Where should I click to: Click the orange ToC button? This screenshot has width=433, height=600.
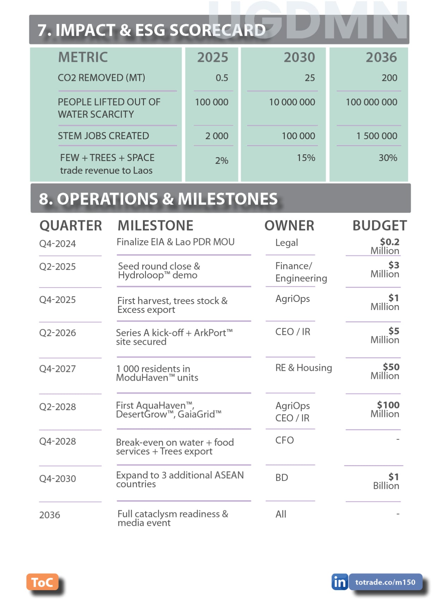[42, 582]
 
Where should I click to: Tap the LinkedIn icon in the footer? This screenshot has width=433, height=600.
[339, 582]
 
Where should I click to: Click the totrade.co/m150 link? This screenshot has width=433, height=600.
[385, 582]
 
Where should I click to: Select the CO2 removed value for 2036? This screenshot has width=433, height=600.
[389, 78]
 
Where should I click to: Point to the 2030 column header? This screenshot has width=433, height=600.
[299, 57]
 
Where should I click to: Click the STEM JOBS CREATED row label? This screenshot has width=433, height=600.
[103, 136]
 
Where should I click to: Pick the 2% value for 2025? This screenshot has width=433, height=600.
[222, 161]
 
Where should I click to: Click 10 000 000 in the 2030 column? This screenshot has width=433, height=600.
[292, 102]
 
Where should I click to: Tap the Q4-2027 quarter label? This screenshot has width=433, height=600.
[57, 369]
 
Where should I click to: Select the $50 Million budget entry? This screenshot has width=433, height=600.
[386, 371]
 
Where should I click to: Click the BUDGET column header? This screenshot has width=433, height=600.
[379, 226]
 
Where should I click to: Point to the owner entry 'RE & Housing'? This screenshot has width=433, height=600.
[303, 368]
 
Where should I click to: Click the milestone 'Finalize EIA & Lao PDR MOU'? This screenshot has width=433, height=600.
[175, 242]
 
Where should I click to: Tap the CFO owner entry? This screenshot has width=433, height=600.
[284, 440]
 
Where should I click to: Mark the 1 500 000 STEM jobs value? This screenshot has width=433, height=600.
[377, 136]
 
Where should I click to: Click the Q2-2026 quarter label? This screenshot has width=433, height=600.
[57, 333]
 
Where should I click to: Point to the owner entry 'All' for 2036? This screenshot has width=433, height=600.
[281, 514]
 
